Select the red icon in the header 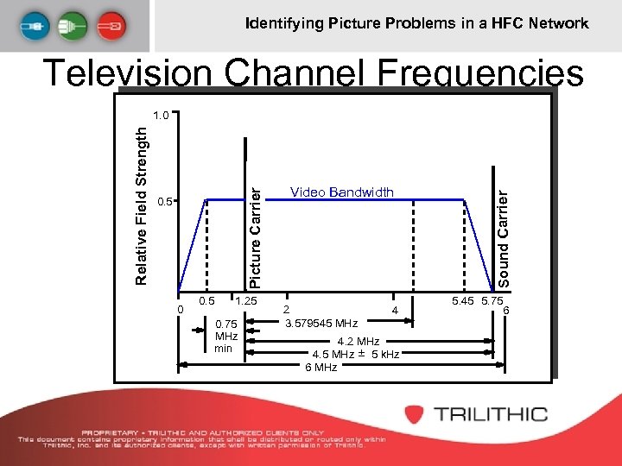click(111, 26)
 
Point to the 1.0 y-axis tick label click(161, 115)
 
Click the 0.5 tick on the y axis click(166, 203)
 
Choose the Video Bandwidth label click(341, 192)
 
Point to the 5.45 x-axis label click(462, 301)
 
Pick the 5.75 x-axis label click(492, 301)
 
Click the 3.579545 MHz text click(321, 323)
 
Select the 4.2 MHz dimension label click(358, 342)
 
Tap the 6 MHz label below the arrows click(321, 368)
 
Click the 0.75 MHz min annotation click(225, 336)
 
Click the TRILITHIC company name click(490, 413)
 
